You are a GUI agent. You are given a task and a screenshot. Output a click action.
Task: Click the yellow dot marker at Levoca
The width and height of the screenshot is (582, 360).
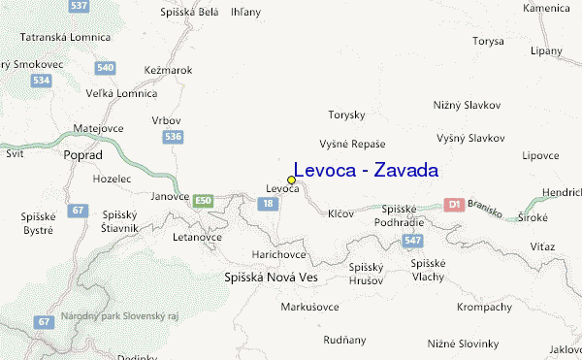tap(291, 180)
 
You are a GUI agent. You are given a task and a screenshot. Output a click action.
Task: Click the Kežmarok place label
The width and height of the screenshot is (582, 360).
tap(167, 70)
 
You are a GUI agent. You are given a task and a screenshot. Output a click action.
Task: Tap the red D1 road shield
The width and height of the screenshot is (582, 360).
tap(453, 205)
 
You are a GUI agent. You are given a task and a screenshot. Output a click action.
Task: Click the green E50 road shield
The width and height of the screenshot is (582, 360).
tap(202, 201)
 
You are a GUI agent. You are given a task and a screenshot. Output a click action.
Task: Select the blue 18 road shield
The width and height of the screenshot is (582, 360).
tap(268, 204)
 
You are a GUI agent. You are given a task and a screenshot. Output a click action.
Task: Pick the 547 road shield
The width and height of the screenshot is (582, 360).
tap(413, 240)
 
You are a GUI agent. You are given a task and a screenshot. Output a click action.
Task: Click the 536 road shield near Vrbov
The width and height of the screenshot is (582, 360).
tap(174, 137)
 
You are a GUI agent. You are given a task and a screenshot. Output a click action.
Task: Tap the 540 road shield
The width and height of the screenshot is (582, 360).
tap(106, 68)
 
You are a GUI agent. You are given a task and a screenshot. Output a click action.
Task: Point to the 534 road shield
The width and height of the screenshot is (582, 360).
tap(41, 81)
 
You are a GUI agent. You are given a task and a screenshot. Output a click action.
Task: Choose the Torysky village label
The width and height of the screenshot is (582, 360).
tap(346, 115)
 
